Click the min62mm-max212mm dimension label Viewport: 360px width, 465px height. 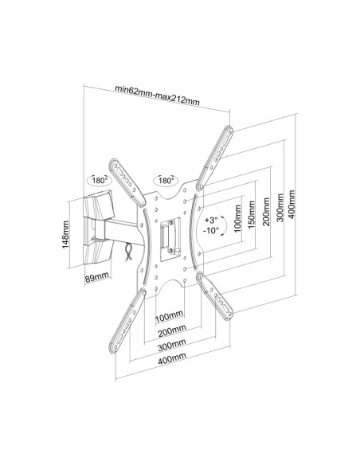pyautogui.click(x=157, y=95)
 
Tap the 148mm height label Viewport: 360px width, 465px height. pyautogui.click(x=65, y=235)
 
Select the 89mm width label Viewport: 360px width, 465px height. pyautogui.click(x=97, y=278)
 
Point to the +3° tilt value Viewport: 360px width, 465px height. pyautogui.click(x=211, y=220)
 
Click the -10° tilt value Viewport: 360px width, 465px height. pyautogui.click(x=211, y=230)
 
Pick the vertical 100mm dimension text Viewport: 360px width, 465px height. pyautogui.click(x=237, y=218)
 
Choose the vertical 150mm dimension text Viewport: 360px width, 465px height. pyautogui.click(x=252, y=215)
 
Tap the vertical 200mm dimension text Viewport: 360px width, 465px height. pyautogui.click(x=266, y=212)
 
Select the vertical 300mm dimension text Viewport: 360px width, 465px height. pyautogui.click(x=280, y=208)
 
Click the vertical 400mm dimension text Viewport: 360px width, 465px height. pyautogui.click(x=292, y=205)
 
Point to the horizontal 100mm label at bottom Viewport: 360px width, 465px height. pyautogui.click(x=170, y=317)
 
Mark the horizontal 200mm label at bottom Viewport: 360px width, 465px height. pyautogui.click(x=172, y=330)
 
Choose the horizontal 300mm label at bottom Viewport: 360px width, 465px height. pyautogui.click(x=172, y=345)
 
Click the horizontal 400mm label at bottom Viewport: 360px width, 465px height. pyautogui.click(x=172, y=358)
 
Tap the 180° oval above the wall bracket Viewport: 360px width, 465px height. pyautogui.click(x=99, y=180)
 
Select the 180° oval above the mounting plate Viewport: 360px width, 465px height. pyautogui.click(x=165, y=180)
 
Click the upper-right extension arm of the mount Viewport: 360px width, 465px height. pyautogui.click(x=215, y=158)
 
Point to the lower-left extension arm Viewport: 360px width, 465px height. pyautogui.click(x=127, y=321)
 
